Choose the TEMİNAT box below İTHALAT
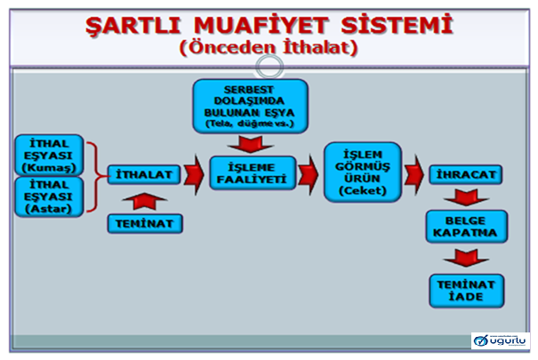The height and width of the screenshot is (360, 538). point(144,222)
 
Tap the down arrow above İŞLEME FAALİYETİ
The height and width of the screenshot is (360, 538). point(250,142)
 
